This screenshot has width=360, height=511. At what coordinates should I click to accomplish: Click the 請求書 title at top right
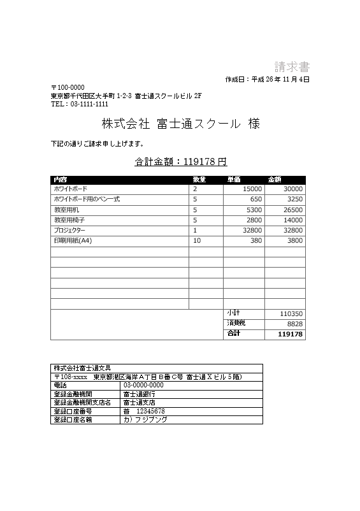point(292,67)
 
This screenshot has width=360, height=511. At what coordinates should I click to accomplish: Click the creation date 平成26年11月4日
point(268,80)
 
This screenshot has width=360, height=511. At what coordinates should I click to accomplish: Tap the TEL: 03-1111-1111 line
point(80,104)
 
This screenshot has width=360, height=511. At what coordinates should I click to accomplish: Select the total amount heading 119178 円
point(181,162)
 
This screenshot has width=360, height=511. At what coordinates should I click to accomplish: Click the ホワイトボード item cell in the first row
point(71,189)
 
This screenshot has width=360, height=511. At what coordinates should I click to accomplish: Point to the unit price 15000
point(252,189)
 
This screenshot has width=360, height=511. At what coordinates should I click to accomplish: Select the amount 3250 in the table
point(294,199)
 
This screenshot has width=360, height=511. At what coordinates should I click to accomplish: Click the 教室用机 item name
point(66,210)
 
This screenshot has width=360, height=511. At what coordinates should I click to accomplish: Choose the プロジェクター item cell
point(69,230)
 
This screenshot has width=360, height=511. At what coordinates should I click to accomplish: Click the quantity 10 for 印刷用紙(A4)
point(197,240)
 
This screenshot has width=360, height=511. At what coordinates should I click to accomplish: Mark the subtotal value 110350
point(291,313)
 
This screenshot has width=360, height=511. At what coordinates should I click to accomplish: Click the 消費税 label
point(236,323)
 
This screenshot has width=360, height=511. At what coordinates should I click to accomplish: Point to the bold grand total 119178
point(290,334)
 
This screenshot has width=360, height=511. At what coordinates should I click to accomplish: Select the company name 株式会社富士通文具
point(83,368)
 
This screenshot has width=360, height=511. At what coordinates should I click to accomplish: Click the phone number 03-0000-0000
point(143,385)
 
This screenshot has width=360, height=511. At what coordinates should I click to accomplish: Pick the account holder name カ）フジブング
point(145,420)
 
